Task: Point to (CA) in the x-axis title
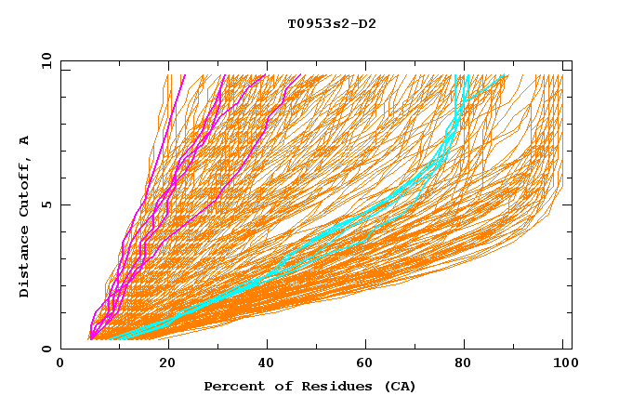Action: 400,386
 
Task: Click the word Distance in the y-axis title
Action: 24,265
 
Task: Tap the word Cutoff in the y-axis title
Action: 24,187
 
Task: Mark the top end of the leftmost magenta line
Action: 185,75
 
